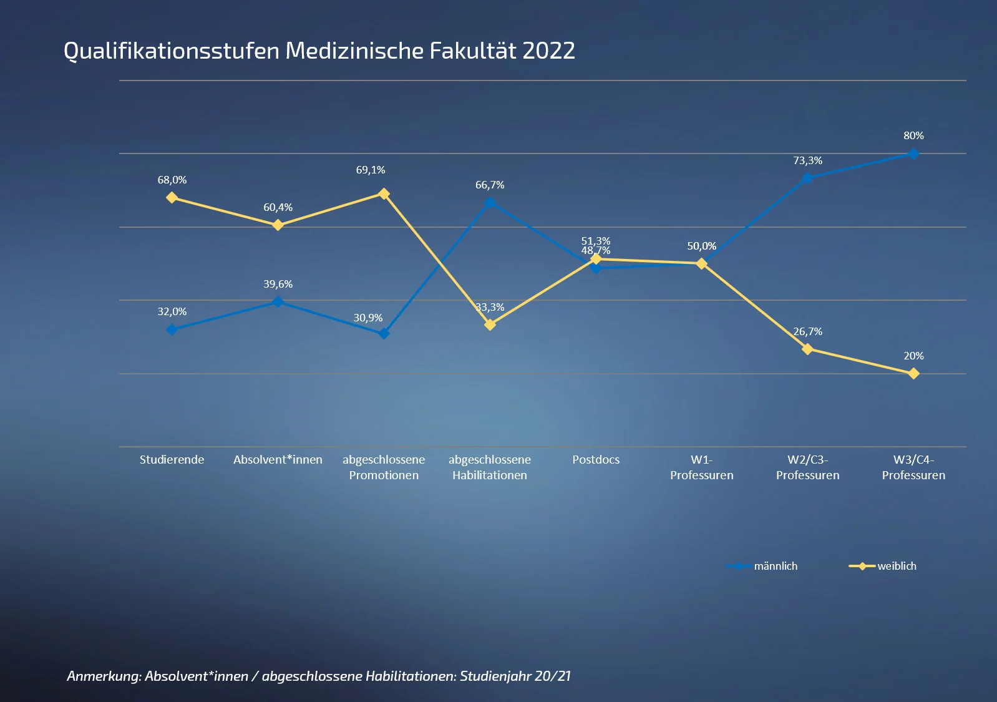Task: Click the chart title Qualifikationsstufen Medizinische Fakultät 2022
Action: [319, 51]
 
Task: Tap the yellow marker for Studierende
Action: [172, 198]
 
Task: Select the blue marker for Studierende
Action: [172, 329]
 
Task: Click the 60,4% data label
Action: [278, 207]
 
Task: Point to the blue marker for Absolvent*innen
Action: [278, 302]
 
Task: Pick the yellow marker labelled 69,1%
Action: [384, 194]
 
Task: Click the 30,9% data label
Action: [368, 318]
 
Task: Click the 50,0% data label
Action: [701, 246]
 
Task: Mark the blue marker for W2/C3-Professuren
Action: [807, 178]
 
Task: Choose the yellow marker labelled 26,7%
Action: [807, 349]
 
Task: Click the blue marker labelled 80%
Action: [913, 154]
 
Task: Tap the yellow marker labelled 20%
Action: [913, 374]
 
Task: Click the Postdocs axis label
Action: [596, 460]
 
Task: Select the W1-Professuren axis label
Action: [701, 467]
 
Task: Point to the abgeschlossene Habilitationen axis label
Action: [490, 467]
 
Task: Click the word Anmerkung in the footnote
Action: [104, 676]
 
